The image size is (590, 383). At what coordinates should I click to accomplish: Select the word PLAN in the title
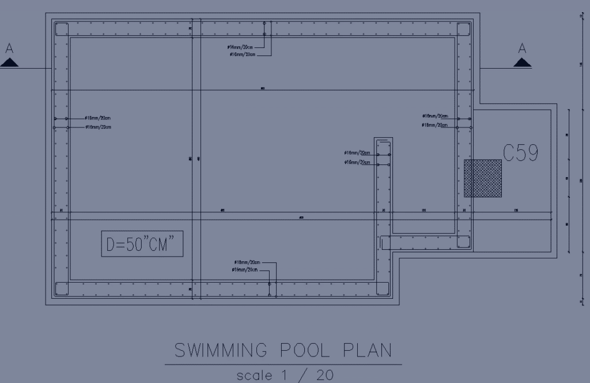pyautogui.click(x=368, y=350)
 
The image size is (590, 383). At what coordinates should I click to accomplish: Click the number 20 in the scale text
pyautogui.click(x=324, y=375)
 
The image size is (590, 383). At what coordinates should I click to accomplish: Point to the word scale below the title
pyautogui.click(x=255, y=375)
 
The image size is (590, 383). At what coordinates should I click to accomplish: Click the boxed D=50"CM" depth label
pyautogui.click(x=142, y=244)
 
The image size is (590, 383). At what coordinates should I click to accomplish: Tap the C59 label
pyautogui.click(x=521, y=153)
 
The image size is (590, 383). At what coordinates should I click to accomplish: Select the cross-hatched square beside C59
pyautogui.click(x=483, y=178)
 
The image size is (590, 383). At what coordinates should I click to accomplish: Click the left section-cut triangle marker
pyautogui.click(x=9, y=62)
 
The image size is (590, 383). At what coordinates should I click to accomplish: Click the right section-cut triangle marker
pyautogui.click(x=522, y=63)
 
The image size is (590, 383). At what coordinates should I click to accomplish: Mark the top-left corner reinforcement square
pyautogui.click(x=61, y=29)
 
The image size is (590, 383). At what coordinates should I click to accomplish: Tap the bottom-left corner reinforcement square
pyautogui.click(x=61, y=288)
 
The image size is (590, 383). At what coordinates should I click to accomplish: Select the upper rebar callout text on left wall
pyautogui.click(x=98, y=118)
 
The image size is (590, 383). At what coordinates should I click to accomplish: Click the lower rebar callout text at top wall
pyautogui.click(x=242, y=54)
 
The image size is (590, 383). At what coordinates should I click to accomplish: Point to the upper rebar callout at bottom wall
pyautogui.click(x=244, y=262)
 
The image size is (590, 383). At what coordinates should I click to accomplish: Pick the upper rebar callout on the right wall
pyautogui.click(x=435, y=116)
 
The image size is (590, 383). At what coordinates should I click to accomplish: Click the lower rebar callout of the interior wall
pyautogui.click(x=357, y=163)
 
